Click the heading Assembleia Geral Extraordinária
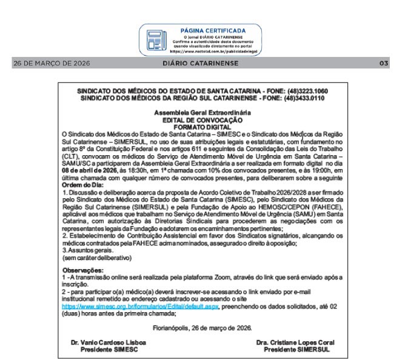196,112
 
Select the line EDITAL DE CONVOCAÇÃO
196,118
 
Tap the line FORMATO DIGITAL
196,124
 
